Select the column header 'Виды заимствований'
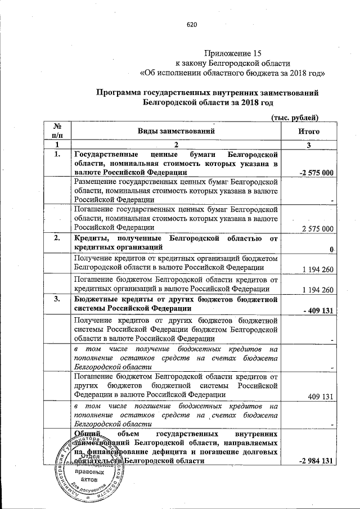pyautogui.click(x=177, y=131)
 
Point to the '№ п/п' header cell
pyautogui.click(x=57, y=131)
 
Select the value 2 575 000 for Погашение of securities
pyautogui.click(x=318, y=228)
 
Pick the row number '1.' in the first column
pyautogui.click(x=57, y=154)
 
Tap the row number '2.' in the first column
pyautogui.click(x=57, y=238)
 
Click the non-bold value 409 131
pyautogui.click(x=322, y=396)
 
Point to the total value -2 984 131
pyautogui.click(x=316, y=461)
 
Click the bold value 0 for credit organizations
pyautogui.click(x=332, y=249)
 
